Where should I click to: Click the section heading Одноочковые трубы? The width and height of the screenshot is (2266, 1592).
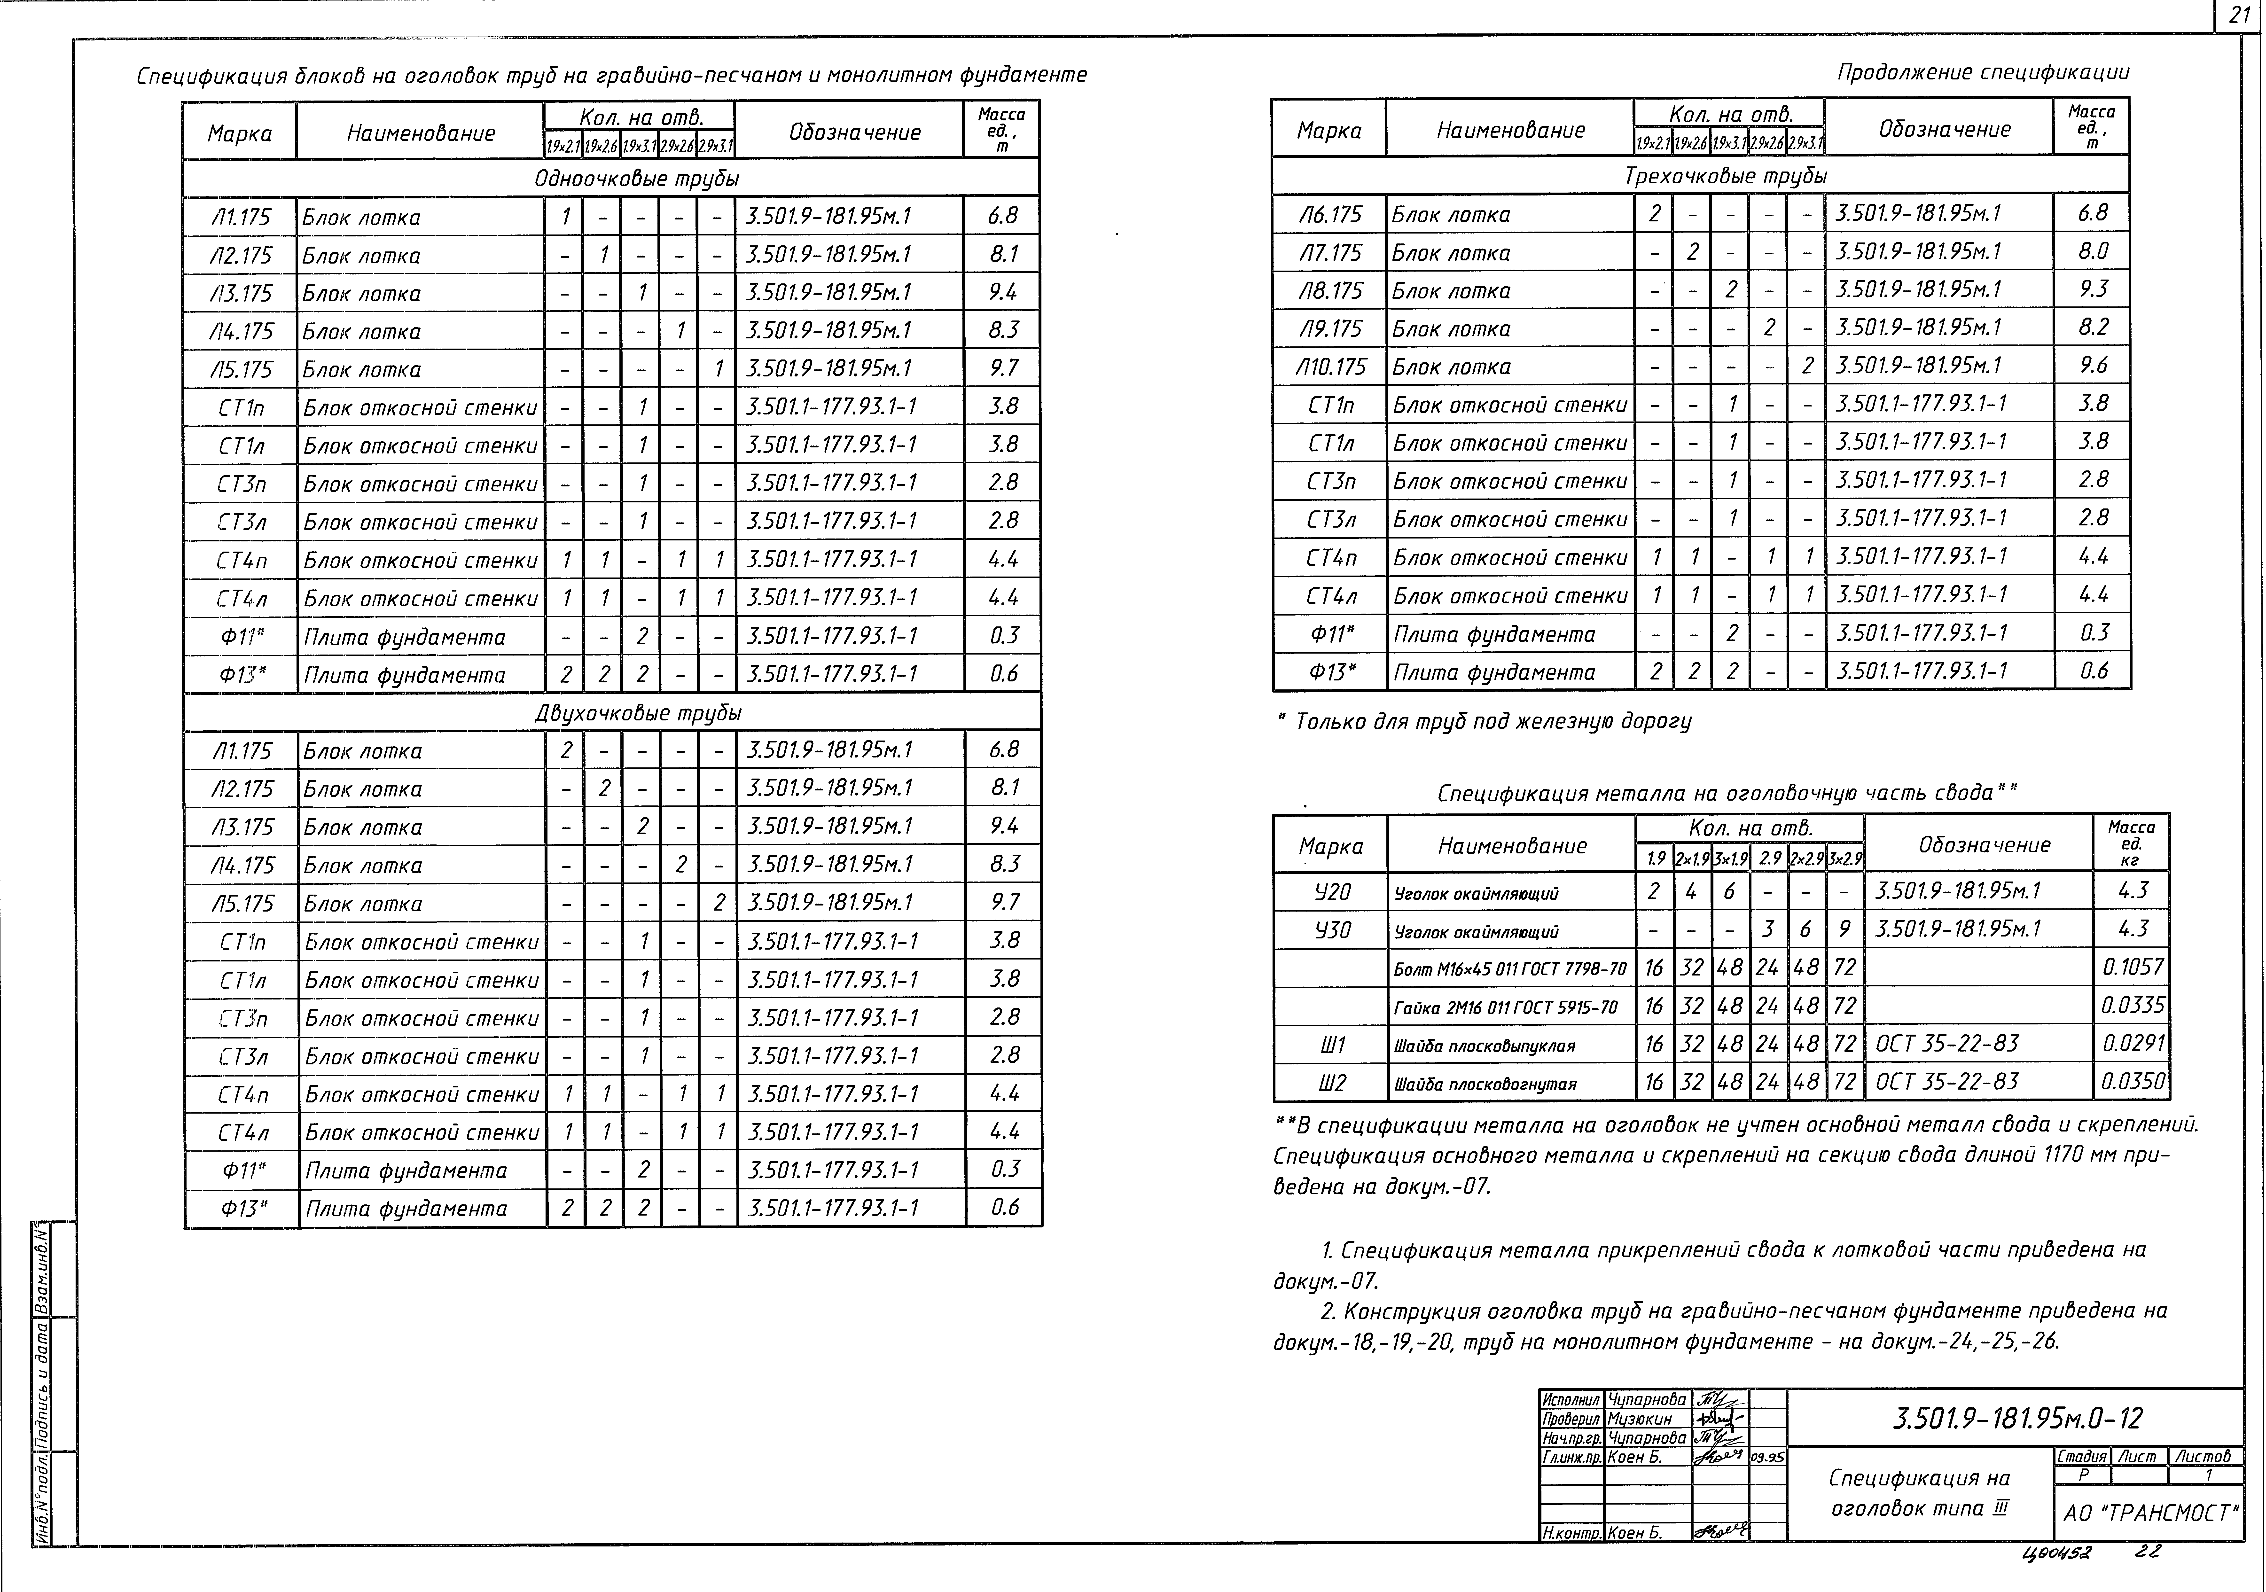click(x=637, y=179)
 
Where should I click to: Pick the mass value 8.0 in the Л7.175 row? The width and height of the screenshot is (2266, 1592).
click(x=2092, y=252)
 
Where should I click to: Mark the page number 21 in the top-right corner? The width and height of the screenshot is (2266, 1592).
click(x=2240, y=16)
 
